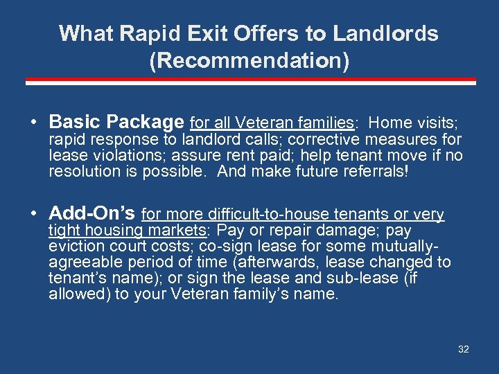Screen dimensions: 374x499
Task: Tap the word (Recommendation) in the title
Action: (249, 61)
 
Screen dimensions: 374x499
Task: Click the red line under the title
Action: (249, 81)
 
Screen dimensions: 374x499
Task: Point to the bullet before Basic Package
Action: (34, 123)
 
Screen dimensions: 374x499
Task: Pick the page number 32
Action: (464, 349)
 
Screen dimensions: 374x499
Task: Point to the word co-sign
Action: (223, 247)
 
